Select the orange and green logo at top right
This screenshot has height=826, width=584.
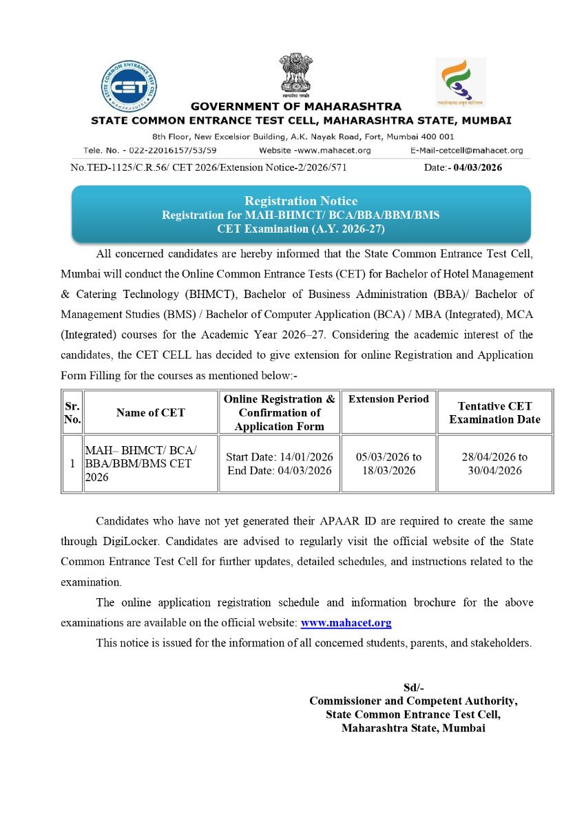tap(460, 82)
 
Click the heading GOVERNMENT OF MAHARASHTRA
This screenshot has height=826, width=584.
tap(295, 107)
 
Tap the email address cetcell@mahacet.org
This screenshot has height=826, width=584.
tap(482, 150)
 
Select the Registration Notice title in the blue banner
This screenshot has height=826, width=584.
tap(301, 201)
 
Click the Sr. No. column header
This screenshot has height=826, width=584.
tap(72, 412)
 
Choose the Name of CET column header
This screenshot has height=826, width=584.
tap(150, 412)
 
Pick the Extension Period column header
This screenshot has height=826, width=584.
tap(388, 399)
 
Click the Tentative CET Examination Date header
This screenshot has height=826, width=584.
tap(494, 412)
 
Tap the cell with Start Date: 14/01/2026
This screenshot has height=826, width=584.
tap(279, 457)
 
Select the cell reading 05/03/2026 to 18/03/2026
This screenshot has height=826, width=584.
tap(388, 463)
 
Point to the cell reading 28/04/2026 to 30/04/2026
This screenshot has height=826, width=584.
tap(494, 463)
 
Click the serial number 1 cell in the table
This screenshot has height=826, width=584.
tap(72, 463)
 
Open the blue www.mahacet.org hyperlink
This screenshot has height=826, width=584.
tap(346, 623)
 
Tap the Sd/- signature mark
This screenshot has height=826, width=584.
tap(413, 688)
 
